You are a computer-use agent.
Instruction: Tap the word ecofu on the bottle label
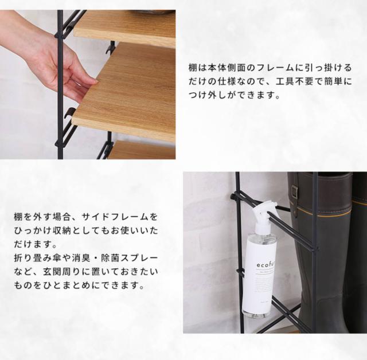tap(266, 265)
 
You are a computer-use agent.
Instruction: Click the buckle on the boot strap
tap(295, 190)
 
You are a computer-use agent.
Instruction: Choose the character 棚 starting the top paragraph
tap(193, 68)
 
